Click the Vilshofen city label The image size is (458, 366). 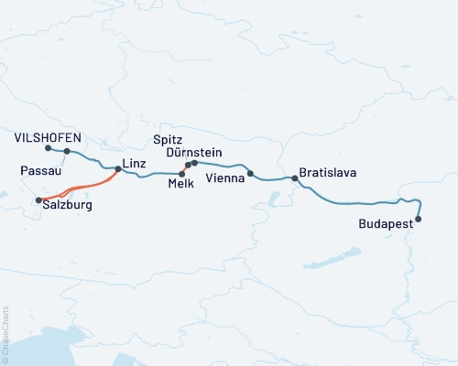coord(49,137)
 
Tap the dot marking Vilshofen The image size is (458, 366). coord(47,147)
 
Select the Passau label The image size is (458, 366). coord(40,170)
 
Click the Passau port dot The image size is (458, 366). coord(67,151)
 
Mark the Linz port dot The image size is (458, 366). coord(118,168)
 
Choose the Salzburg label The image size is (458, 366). coord(67,207)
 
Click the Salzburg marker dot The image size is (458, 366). coord(38,199)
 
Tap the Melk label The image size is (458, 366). coord(180,184)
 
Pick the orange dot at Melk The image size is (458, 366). coord(182,173)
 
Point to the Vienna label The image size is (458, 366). coord(225,177)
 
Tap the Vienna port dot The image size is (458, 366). coord(251,174)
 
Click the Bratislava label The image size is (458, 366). coord(327,172)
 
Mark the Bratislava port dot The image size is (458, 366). coord(294,178)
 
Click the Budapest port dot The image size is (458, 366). coord(419,219)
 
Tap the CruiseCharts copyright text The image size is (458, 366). coord(5,334)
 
